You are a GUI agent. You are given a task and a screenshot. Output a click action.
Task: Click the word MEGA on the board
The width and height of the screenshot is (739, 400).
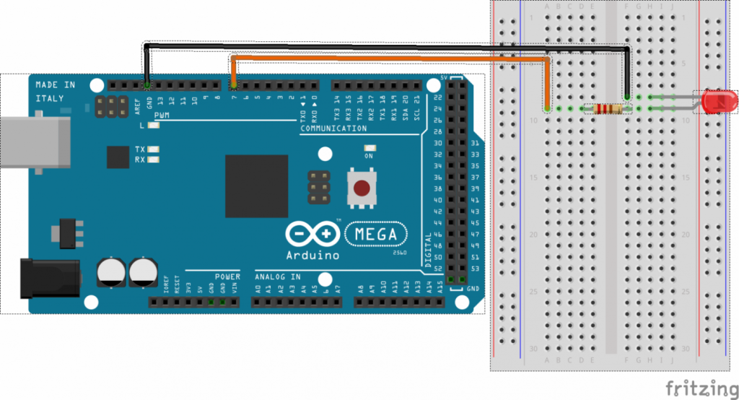click(x=375, y=234)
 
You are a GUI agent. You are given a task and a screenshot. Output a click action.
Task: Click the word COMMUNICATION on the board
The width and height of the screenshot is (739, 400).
click(x=333, y=129)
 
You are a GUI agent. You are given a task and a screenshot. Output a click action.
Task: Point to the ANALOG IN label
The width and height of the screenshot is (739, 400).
click(x=277, y=277)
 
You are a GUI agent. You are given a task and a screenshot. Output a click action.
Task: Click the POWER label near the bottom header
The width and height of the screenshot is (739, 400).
click(x=227, y=277)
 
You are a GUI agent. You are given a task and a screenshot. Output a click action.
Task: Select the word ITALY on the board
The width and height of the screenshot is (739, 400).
click(x=50, y=98)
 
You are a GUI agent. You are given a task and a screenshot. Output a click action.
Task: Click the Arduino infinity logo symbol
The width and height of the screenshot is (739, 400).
click(x=312, y=235)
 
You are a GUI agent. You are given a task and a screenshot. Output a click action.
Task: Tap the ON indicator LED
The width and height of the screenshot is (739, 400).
click(x=369, y=149)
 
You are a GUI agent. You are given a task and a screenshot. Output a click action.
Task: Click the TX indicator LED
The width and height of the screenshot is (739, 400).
click(x=154, y=149)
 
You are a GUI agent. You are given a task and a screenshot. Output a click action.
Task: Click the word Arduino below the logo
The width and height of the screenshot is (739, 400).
click(x=312, y=255)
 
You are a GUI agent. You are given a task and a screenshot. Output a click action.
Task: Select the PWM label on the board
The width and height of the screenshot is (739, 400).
click(x=162, y=116)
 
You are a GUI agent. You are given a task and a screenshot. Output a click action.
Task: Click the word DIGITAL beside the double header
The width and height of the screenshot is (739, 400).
click(x=429, y=249)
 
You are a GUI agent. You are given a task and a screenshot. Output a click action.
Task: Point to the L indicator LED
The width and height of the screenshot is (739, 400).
click(x=154, y=126)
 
